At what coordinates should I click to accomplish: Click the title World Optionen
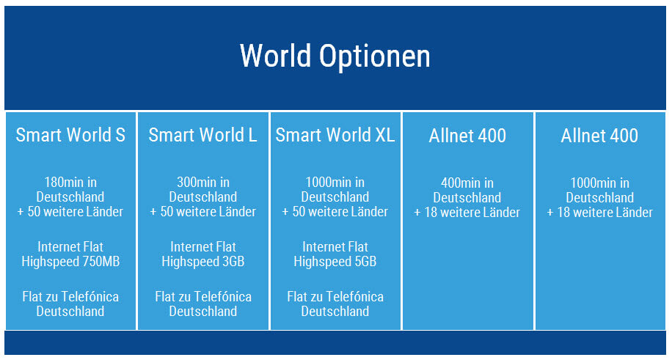point(335,56)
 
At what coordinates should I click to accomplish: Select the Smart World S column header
point(70,135)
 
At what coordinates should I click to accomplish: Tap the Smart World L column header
point(202,135)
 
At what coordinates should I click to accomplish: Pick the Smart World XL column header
point(335,135)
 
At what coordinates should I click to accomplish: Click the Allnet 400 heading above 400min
point(467,136)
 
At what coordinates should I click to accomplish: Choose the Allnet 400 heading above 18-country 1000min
point(599,136)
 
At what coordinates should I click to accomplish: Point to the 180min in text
point(70,183)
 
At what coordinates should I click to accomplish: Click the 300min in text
point(203,183)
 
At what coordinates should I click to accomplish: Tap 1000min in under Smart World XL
point(335,183)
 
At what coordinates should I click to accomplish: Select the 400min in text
point(467,183)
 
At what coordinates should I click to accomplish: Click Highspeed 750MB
point(70,262)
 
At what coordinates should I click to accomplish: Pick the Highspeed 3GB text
point(203,262)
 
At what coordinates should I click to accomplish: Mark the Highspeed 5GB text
point(335,262)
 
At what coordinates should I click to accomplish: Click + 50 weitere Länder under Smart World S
point(70,212)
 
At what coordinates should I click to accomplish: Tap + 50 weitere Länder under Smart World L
point(203,212)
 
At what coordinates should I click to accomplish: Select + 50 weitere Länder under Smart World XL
point(335,212)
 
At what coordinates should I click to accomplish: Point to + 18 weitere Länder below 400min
point(467,213)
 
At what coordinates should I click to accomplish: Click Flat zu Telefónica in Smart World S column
point(70,296)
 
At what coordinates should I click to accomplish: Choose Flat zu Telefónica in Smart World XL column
point(335,296)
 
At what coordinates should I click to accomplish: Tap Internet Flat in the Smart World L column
point(203,247)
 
